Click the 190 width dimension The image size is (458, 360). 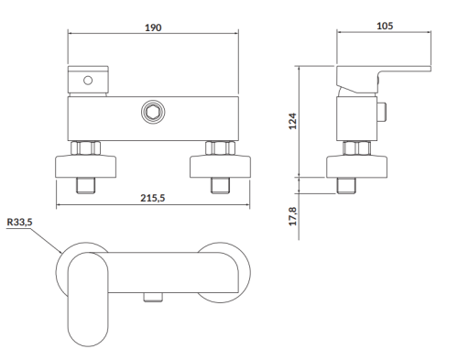click(x=153, y=27)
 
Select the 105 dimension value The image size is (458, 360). click(x=385, y=26)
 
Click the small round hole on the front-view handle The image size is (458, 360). click(x=88, y=82)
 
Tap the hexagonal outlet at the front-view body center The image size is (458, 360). click(x=152, y=114)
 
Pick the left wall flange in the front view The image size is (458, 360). click(x=87, y=168)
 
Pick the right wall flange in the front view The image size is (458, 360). click(x=219, y=168)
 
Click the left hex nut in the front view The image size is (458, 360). click(x=87, y=147)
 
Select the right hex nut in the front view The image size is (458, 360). click(x=219, y=147)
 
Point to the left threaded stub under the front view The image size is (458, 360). click(x=87, y=185)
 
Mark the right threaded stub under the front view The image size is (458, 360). click(x=219, y=185)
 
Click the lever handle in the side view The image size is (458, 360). click(x=385, y=76)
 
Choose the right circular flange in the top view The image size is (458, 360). click(x=220, y=268)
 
